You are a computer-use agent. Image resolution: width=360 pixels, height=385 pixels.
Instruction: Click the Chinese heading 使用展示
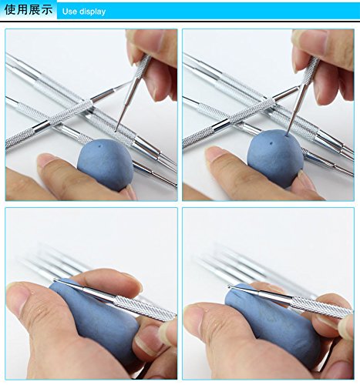[29, 10]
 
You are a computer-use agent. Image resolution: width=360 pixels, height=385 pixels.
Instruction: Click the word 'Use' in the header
[69, 12]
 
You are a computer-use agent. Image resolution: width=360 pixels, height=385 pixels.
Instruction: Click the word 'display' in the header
[93, 12]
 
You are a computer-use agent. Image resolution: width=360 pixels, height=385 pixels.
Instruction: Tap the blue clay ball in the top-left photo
[106, 165]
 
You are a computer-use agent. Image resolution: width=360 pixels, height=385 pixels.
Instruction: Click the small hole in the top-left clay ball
[99, 146]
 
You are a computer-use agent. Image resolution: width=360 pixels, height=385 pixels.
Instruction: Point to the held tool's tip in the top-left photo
[116, 131]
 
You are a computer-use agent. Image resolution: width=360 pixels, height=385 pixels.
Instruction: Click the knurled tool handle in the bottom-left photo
[144, 307]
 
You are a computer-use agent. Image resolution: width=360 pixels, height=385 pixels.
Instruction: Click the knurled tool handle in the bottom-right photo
[322, 305]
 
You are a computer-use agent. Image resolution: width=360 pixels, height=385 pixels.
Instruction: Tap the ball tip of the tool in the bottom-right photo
[230, 286]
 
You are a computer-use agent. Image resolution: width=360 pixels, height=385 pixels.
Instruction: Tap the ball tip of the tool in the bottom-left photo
[55, 280]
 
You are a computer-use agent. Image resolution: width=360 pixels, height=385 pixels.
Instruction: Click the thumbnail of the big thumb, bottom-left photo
[17, 296]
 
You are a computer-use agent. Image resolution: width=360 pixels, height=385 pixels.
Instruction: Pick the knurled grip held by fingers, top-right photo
[310, 69]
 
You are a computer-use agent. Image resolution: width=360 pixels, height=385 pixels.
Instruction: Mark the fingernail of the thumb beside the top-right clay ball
[214, 153]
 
